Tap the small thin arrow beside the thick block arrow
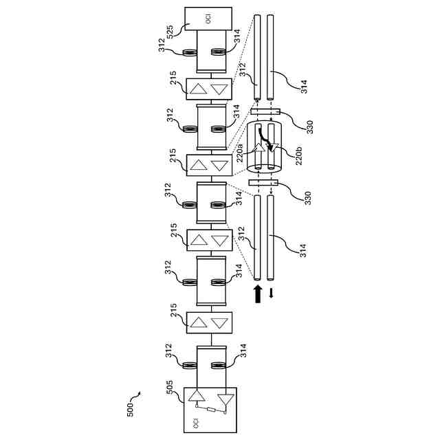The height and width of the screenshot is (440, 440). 272,294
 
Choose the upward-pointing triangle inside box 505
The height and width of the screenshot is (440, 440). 198,395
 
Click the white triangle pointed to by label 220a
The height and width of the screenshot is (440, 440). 260,146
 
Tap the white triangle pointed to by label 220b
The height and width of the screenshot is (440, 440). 272,146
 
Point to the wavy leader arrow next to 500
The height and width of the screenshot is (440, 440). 136,395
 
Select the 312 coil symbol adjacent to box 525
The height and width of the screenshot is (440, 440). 188,50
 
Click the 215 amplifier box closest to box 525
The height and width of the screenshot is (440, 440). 209,89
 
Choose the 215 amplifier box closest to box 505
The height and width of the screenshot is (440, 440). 209,322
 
